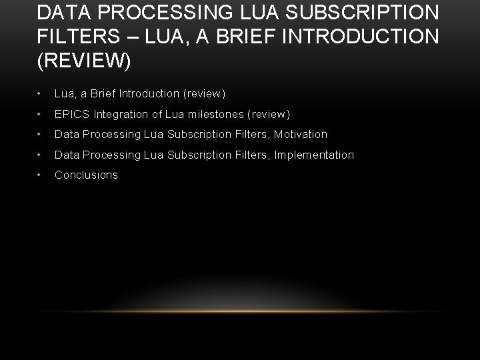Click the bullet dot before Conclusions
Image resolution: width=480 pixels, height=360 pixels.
(x=41, y=175)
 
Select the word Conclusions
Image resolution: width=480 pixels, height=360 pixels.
(x=86, y=175)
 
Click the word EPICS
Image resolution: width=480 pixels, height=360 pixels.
(x=71, y=114)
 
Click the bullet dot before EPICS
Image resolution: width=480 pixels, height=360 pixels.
(x=41, y=115)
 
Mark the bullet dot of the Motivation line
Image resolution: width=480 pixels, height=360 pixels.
(x=41, y=135)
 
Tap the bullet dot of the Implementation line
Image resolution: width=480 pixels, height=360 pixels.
(x=41, y=155)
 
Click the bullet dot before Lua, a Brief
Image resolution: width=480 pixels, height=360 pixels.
(x=41, y=94)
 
